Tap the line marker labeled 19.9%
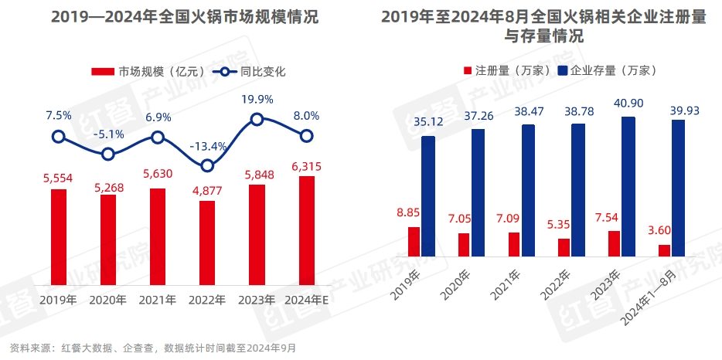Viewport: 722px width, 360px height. pos(257,119)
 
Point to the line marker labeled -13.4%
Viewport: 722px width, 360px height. pos(207,165)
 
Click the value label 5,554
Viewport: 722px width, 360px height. pos(58,178)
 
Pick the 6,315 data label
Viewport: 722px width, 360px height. pos(306,166)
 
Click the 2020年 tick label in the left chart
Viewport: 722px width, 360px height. pos(108,299)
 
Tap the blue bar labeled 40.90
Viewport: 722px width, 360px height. pos(628,186)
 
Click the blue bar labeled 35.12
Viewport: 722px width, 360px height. pos(427,196)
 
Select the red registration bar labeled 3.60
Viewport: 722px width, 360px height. pos(664,250)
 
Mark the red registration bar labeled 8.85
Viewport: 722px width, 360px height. pos(414,242)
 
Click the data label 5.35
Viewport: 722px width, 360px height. pos(564,227)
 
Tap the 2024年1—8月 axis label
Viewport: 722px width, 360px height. pos(654,297)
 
